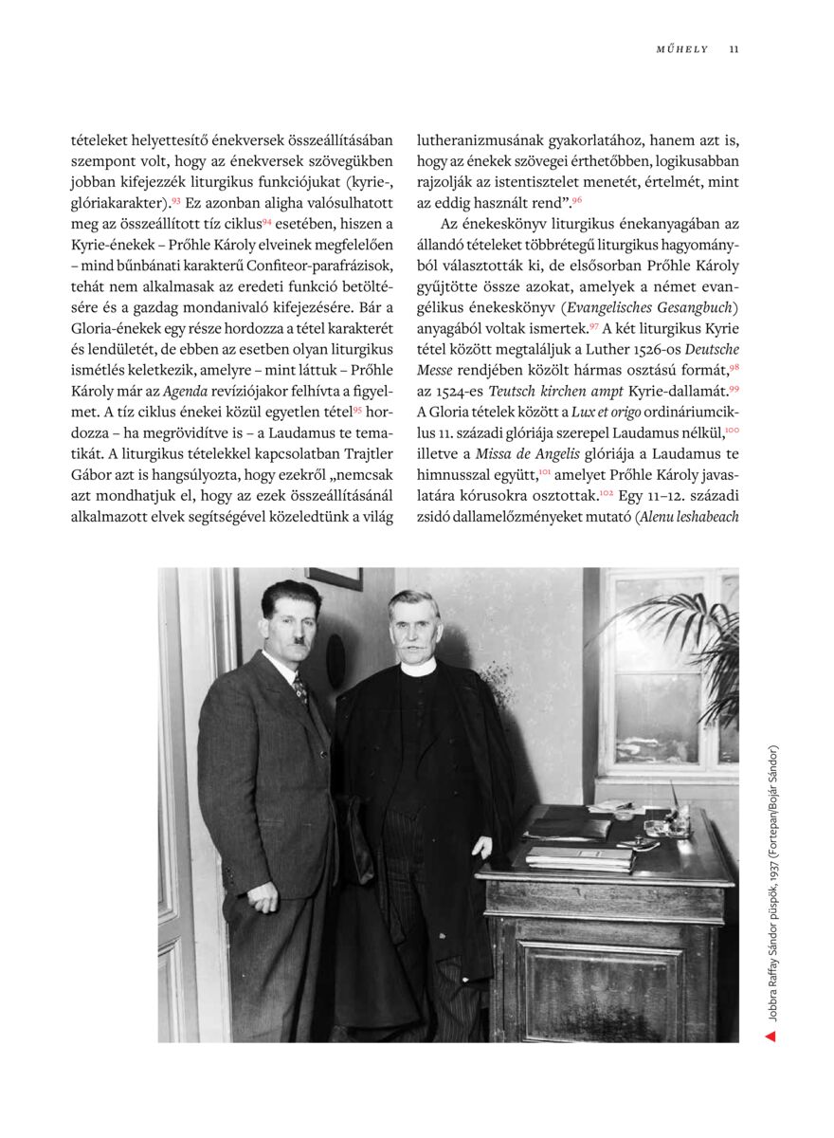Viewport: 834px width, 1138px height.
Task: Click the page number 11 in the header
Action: [734, 49]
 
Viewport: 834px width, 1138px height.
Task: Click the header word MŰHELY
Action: [682, 49]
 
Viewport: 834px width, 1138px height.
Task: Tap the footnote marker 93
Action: [176, 201]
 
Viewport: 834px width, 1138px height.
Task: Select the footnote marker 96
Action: [577, 201]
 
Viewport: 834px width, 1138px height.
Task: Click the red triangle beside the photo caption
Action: [771, 1037]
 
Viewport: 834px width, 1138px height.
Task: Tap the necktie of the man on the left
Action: [300, 690]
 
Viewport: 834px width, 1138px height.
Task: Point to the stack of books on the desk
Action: [579, 855]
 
